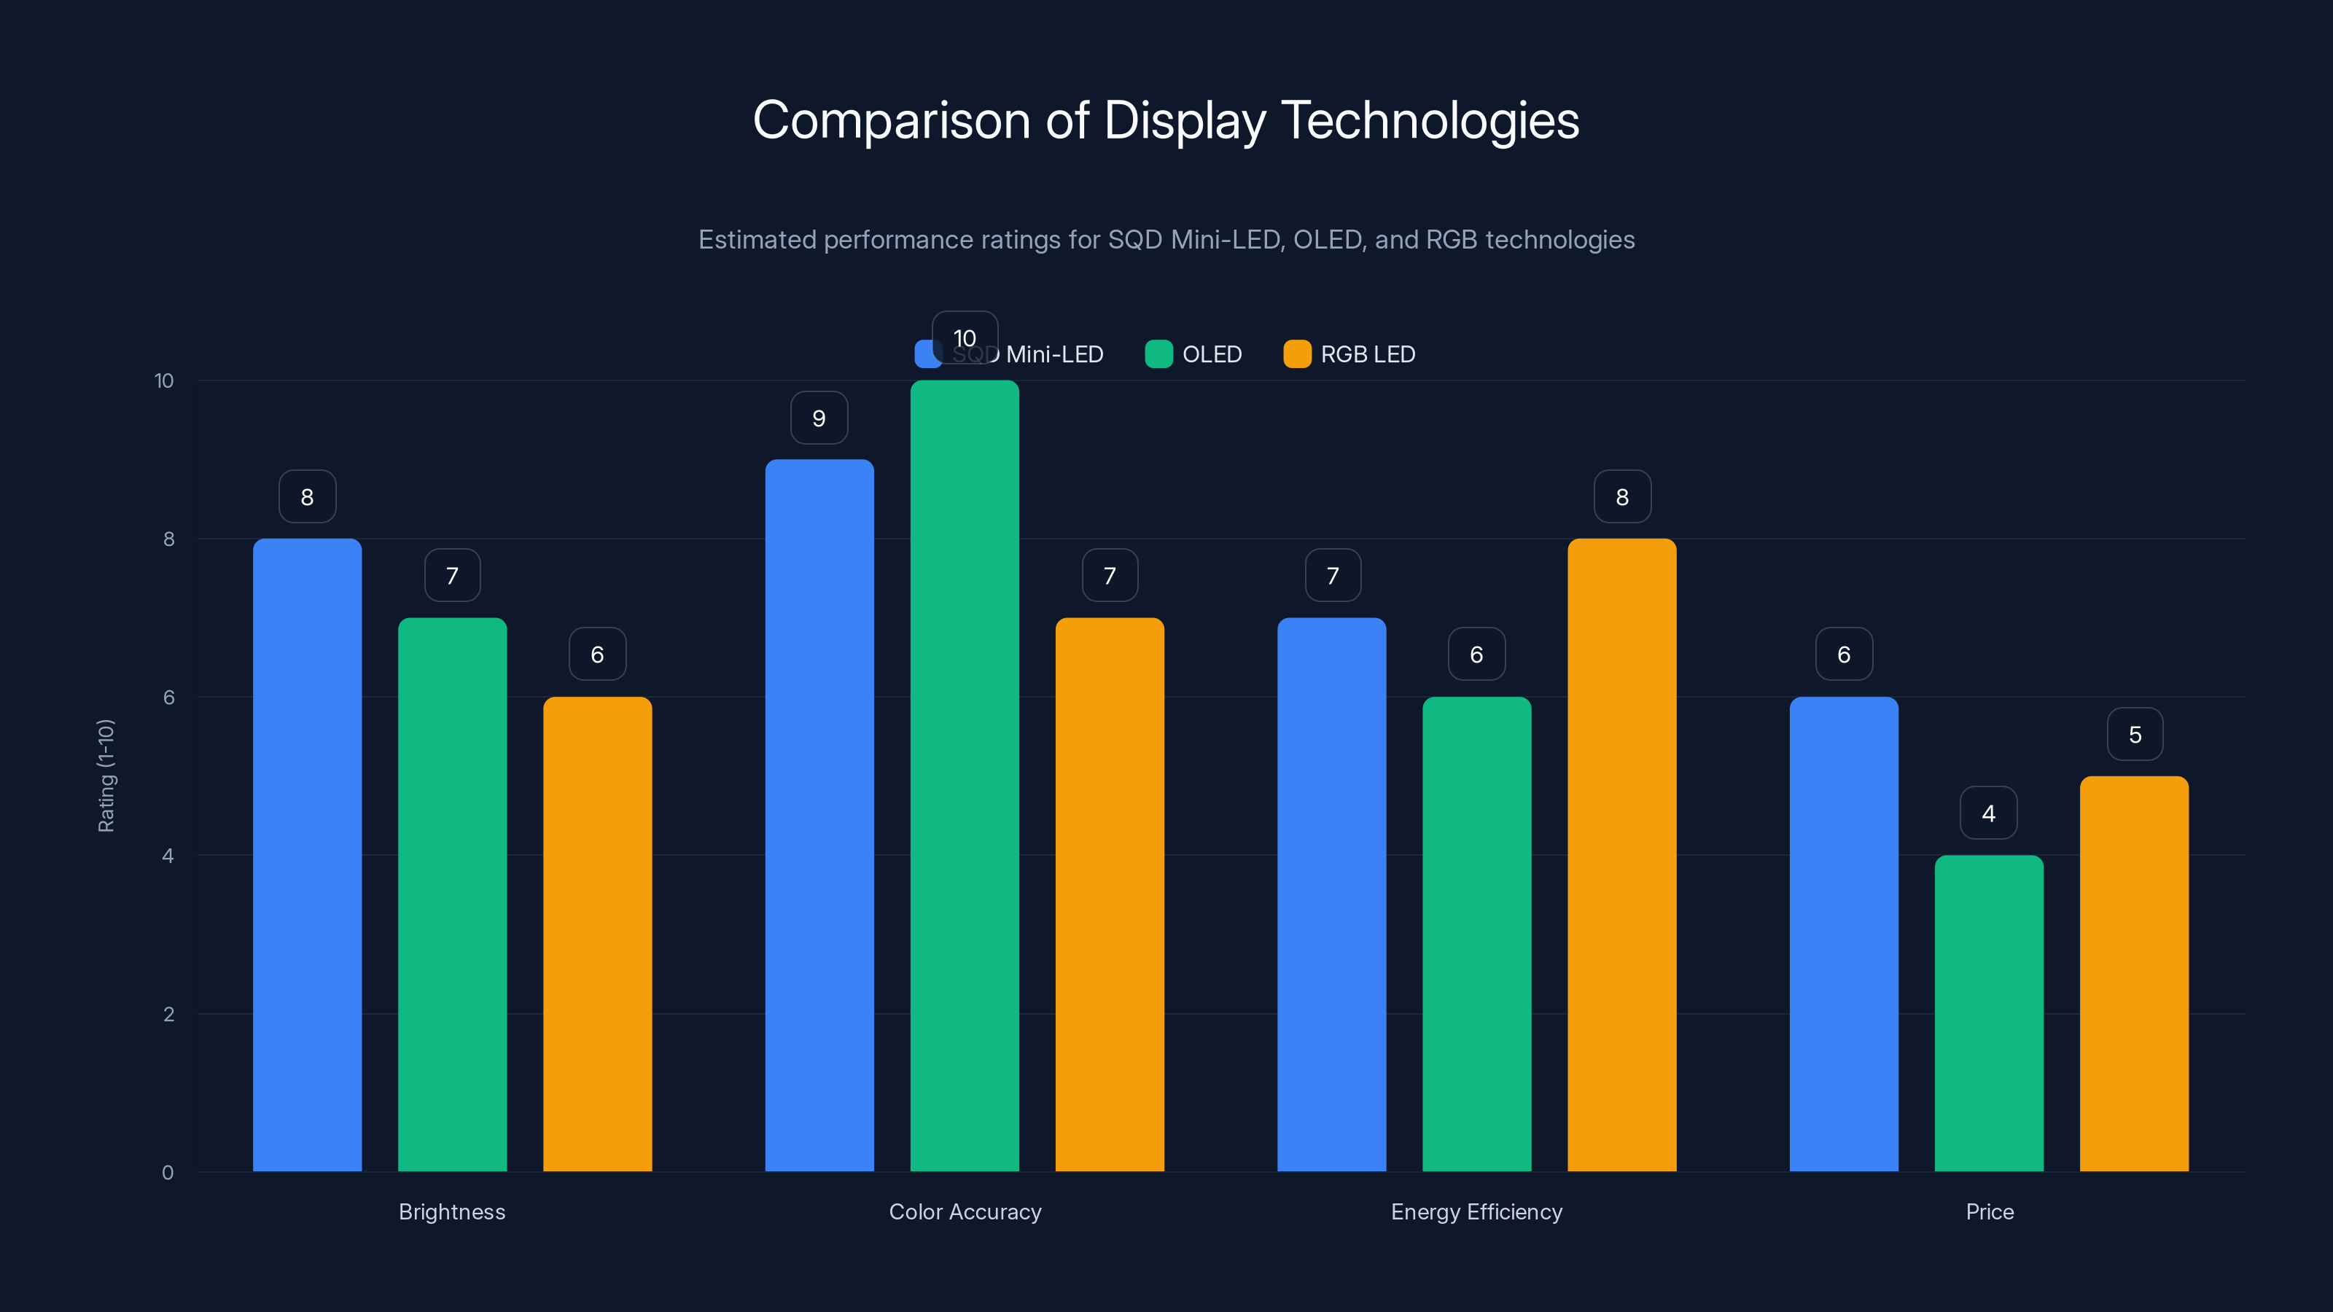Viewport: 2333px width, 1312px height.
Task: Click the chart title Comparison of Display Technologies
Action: click(1166, 120)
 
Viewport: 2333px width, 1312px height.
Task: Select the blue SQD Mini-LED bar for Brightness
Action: click(307, 855)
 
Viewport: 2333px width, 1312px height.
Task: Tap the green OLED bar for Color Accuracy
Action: click(965, 776)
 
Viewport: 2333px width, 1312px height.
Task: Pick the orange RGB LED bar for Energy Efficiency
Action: click(1621, 855)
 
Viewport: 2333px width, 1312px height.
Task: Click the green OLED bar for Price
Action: click(1989, 1013)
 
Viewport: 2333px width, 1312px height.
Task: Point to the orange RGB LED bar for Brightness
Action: click(597, 934)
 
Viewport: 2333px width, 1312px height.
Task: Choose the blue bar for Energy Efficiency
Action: click(1331, 894)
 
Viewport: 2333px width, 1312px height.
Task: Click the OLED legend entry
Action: click(1193, 354)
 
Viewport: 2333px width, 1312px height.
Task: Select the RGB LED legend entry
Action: click(1349, 354)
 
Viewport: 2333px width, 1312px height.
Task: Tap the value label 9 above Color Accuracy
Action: click(819, 418)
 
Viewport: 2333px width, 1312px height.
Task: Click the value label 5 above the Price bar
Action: click(2135, 734)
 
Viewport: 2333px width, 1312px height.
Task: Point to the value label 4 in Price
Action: click(1989, 813)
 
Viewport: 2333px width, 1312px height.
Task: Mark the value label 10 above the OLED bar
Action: click(965, 337)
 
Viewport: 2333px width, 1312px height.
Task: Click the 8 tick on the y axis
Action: click(168, 539)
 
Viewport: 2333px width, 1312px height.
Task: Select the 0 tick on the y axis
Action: click(168, 1173)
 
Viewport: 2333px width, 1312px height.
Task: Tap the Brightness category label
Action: click(452, 1211)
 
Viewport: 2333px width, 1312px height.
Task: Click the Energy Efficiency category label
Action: click(1476, 1211)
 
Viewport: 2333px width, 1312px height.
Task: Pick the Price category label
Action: click(1989, 1211)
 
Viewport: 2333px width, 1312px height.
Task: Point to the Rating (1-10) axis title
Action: click(106, 776)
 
